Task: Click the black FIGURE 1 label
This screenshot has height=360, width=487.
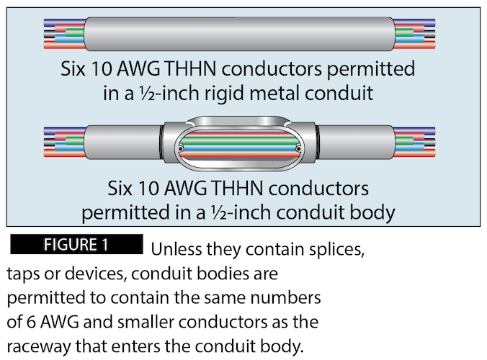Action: [76, 244]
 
